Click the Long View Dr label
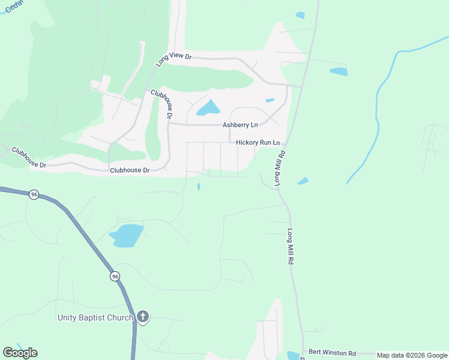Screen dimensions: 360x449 click(173, 59)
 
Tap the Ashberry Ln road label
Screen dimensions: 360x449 click(240, 125)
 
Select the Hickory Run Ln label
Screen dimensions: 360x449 click(258, 143)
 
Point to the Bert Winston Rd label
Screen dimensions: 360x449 click(332, 353)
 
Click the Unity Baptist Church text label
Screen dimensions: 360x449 click(95, 317)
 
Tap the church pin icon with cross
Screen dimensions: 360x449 click(142, 317)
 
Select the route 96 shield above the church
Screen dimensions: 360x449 click(115, 276)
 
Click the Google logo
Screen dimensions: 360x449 click(20, 353)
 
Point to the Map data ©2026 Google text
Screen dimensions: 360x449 click(412, 355)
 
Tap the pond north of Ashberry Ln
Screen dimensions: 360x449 click(208, 108)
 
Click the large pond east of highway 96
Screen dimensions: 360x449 click(127, 235)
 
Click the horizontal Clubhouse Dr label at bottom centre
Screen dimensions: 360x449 click(130, 170)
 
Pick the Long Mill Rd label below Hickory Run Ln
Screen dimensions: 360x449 click(279, 170)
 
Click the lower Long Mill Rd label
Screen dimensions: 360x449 click(291, 247)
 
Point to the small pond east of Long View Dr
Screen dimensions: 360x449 click(339, 71)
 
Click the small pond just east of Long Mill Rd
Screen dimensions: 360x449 click(303, 181)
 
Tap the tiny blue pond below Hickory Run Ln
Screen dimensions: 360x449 click(199, 187)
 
